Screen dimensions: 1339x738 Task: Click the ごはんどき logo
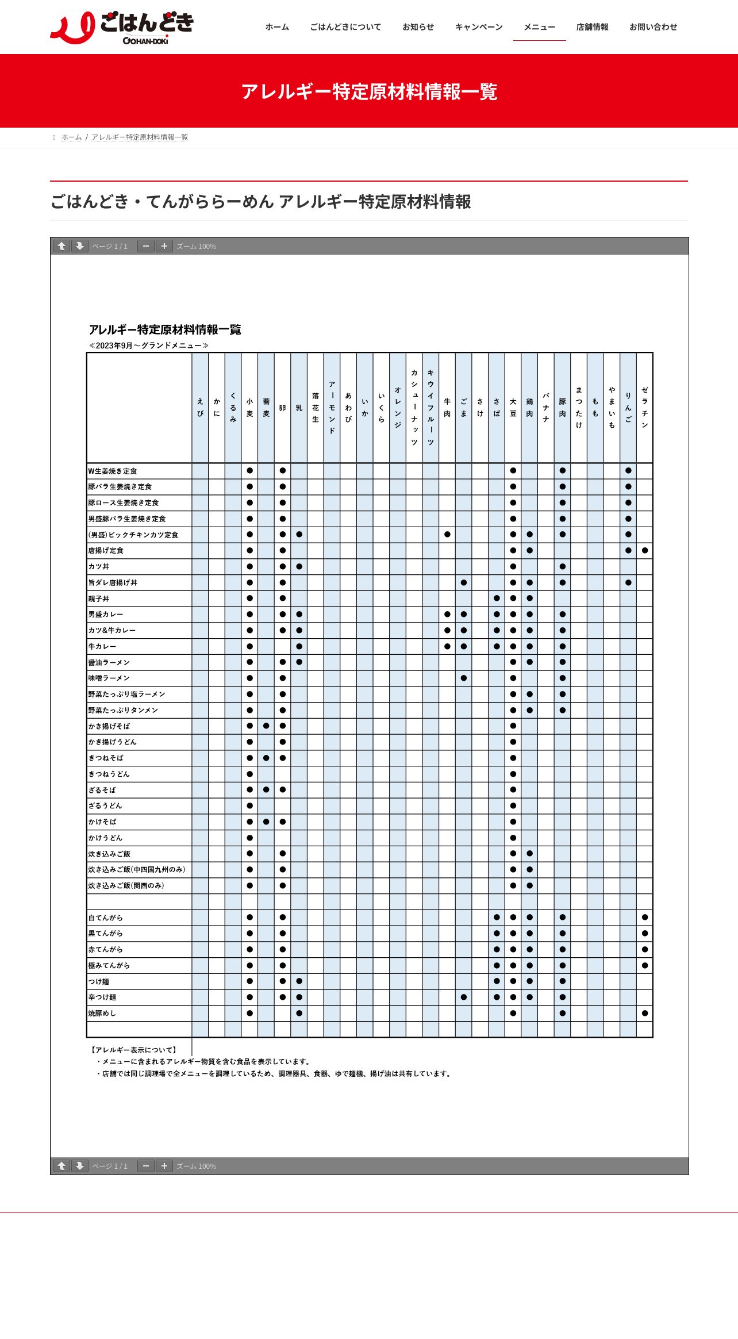coord(122,27)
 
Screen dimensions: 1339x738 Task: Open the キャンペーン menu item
coord(479,27)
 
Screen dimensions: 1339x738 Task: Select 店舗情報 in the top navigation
coord(592,27)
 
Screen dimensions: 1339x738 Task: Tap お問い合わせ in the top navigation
coord(653,27)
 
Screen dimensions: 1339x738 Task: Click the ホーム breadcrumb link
coord(71,137)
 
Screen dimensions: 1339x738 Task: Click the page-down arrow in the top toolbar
coord(80,246)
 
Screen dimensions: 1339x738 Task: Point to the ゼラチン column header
coord(645,408)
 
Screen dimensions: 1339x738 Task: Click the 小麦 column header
coord(249,408)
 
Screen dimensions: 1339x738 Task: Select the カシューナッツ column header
coord(414,408)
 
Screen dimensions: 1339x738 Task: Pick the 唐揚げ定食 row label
coord(106,551)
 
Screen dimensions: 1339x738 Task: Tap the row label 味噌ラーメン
coord(109,678)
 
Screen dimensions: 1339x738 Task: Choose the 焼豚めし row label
coord(102,1014)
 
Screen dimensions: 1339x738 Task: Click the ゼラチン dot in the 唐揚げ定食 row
coord(645,551)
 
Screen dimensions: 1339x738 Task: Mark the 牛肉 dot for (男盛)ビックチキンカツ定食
coord(447,535)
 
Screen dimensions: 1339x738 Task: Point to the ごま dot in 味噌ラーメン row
coord(464,678)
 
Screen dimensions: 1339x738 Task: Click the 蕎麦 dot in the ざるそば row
coord(266,790)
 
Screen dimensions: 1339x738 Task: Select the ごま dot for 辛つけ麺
coord(464,997)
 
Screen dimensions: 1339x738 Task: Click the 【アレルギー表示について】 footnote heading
coord(134,1050)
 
